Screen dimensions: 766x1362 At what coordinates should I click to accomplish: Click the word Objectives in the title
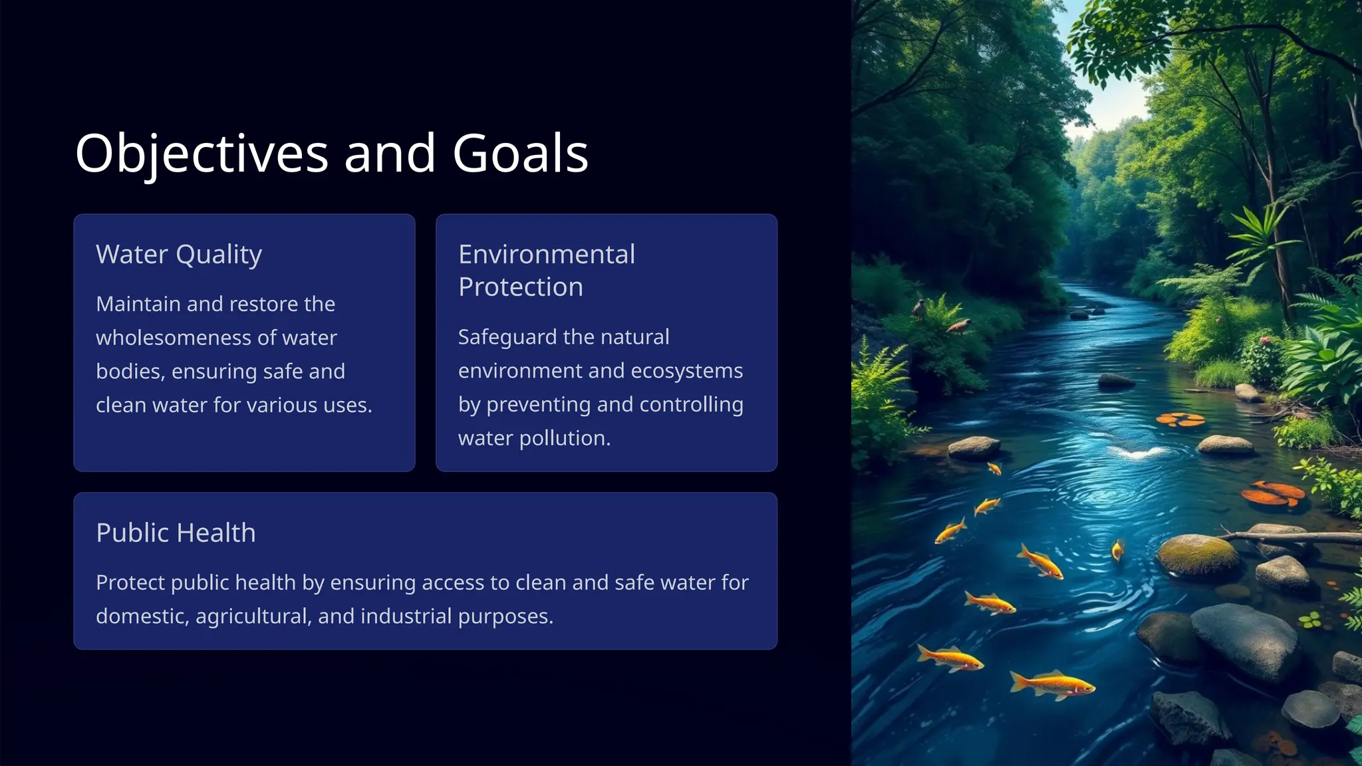pos(202,154)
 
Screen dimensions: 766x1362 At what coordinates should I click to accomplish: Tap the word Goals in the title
pos(520,154)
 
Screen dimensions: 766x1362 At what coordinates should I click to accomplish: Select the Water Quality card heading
pos(179,255)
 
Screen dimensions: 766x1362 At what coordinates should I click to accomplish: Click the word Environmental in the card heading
pos(547,255)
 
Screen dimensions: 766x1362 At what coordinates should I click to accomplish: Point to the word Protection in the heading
pos(521,287)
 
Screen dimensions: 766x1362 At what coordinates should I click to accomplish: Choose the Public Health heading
pos(176,533)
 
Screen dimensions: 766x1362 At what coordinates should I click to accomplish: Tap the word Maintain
pos(138,304)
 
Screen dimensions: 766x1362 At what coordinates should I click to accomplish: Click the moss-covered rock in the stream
pos(1198,554)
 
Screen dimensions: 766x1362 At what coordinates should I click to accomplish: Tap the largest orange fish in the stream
pos(1052,684)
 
